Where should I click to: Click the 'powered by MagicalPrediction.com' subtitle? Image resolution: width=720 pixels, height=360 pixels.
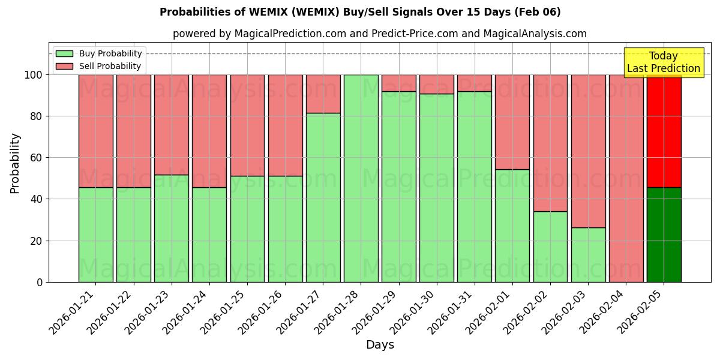379,34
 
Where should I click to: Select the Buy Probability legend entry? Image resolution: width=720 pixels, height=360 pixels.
98,53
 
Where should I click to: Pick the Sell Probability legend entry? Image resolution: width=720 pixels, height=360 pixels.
98,66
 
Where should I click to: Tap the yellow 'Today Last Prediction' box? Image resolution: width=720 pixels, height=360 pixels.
663,62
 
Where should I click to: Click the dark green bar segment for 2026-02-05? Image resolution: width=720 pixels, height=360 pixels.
664,235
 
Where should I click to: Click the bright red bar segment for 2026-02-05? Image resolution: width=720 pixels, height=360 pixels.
664,131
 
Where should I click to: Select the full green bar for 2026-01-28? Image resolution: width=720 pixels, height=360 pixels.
361,178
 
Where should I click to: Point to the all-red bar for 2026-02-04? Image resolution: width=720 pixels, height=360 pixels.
626,178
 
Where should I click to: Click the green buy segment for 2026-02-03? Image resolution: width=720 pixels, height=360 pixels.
588,254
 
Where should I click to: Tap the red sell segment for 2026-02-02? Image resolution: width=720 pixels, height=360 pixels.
550,143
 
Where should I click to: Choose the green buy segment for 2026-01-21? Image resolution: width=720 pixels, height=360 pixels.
95,235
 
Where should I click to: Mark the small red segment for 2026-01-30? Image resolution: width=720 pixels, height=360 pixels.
437,84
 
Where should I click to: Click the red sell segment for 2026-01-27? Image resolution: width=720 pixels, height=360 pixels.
323,94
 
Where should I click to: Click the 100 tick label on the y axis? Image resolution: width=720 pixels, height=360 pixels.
34,75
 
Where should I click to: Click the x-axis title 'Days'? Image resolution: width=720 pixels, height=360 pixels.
380,345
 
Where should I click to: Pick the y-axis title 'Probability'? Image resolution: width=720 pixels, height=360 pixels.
15,163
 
